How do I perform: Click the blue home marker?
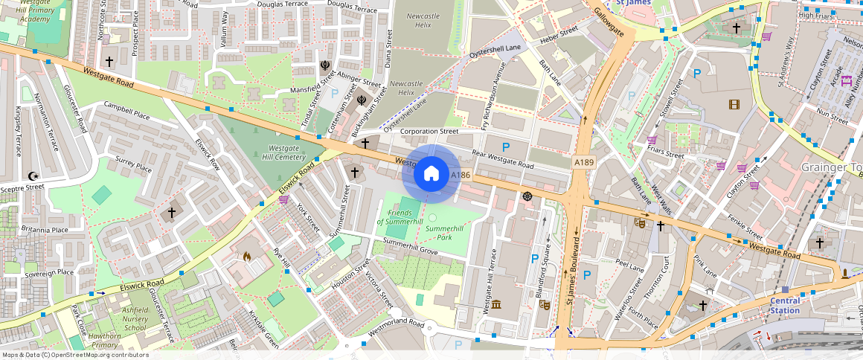click(431, 174)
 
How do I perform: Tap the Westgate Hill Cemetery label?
click(283, 152)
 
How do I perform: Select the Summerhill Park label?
click(444, 233)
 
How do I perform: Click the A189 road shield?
click(583, 161)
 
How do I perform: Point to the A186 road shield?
click(461, 175)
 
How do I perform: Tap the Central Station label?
click(785, 305)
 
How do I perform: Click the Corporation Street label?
click(429, 131)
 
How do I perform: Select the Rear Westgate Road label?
click(503, 159)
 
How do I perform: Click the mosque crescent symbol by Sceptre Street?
click(32, 176)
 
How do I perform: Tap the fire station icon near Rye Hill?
click(247, 257)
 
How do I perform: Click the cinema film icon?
click(734, 104)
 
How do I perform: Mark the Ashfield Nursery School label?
click(123, 318)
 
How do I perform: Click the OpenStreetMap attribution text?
click(74, 355)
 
